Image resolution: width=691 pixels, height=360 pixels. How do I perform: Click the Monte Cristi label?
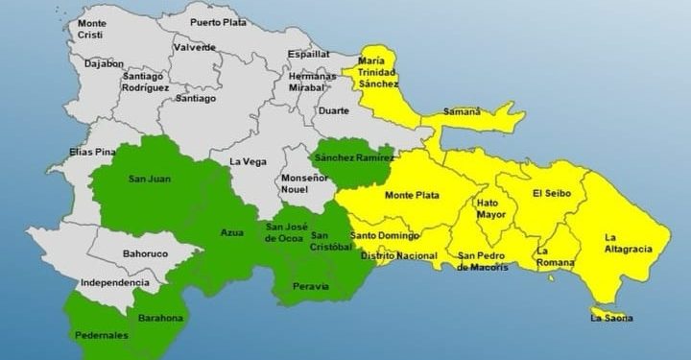tap(92, 28)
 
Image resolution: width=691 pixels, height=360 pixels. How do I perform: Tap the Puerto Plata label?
tap(218, 21)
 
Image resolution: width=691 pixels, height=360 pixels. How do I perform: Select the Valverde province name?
tap(195, 47)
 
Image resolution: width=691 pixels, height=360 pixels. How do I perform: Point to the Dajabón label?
tap(104, 64)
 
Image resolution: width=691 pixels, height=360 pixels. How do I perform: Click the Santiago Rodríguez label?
tap(145, 82)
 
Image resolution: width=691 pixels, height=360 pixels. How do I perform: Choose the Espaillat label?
tap(308, 55)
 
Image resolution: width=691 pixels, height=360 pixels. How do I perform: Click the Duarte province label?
tap(333, 110)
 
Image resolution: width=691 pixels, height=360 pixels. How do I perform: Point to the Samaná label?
tap(461, 112)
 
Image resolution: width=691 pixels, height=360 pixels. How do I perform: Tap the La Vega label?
tap(248, 162)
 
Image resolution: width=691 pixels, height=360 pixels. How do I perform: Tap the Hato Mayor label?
tap(487, 209)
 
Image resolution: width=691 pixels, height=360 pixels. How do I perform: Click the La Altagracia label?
tap(628, 243)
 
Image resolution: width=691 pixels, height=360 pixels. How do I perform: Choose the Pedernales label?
tap(100, 336)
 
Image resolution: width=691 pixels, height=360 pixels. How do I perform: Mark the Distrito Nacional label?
tap(399, 256)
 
